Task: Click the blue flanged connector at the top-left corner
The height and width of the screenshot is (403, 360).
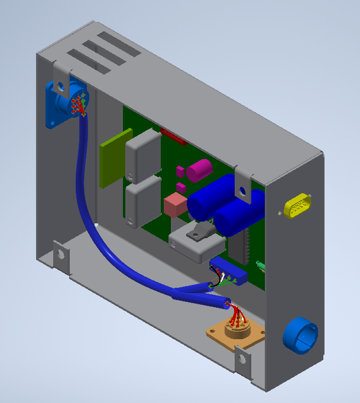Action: (67, 102)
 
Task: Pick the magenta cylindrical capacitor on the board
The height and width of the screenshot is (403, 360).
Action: (199, 170)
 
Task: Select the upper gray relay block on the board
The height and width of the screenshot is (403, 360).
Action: (142, 155)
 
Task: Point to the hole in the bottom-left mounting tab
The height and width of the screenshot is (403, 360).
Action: (60, 255)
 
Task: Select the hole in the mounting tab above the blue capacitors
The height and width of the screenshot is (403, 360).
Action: (241, 190)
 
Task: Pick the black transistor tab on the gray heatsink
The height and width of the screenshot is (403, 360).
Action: (199, 231)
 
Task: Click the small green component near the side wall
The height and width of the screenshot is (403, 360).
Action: (260, 266)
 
